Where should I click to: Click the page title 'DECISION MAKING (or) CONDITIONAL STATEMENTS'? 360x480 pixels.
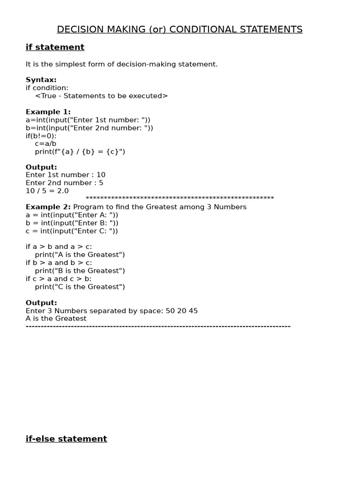tap(180, 30)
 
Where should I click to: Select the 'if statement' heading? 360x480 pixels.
tap(55, 47)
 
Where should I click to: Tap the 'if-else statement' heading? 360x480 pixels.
tap(66, 439)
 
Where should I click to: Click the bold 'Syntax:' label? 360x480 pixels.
tap(41, 80)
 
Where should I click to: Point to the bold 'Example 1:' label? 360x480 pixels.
tap(48, 112)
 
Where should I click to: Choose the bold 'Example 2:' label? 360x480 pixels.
tap(48, 207)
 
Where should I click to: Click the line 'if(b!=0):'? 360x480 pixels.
tap(41, 135)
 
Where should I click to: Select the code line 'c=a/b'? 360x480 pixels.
tap(45, 143)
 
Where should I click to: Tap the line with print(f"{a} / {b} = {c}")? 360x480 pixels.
tap(80, 151)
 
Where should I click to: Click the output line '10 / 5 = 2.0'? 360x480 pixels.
tap(47, 191)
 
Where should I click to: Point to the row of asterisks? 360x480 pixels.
tap(180, 199)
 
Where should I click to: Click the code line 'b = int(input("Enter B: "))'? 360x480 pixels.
tap(72, 223)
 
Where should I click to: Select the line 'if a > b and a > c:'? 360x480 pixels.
tap(59, 247)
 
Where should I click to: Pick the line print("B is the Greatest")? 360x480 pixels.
tap(80, 270)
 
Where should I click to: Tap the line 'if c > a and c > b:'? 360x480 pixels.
tap(59, 278)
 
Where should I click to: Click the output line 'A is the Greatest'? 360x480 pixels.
tap(56, 318)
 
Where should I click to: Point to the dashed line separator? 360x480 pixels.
tap(158, 326)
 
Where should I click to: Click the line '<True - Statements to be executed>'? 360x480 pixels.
tap(101, 96)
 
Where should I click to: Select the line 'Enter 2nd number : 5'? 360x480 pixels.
tap(64, 183)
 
